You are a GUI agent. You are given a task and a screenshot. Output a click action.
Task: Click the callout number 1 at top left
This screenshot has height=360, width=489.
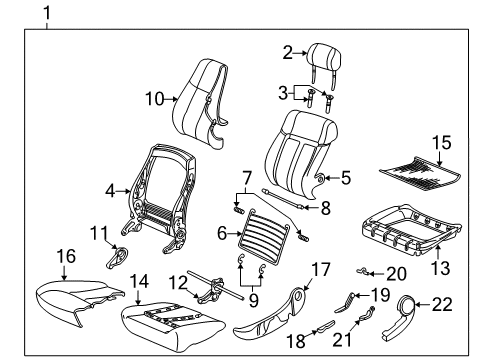tap(43, 13)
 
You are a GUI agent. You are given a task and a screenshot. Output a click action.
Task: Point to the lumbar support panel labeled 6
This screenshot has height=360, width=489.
tap(270, 238)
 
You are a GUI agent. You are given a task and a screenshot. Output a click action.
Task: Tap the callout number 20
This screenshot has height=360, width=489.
tap(397, 273)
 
